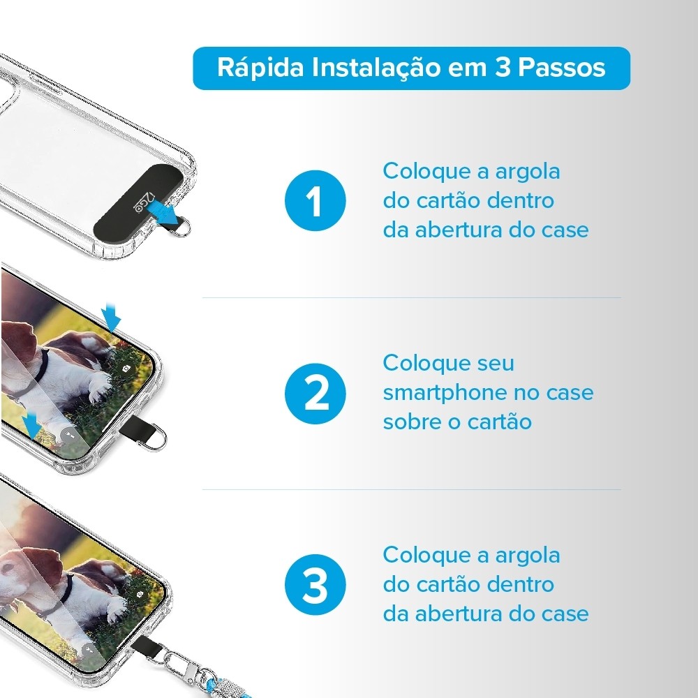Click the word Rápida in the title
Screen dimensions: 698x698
pos(260,68)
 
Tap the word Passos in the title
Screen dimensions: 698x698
pos(561,68)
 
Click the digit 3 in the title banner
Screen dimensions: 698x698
pos(503,68)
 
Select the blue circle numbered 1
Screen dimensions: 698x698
pos(315,201)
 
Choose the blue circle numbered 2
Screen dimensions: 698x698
pos(315,394)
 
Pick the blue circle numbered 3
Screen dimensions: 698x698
pos(315,584)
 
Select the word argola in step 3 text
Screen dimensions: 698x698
pos(528,556)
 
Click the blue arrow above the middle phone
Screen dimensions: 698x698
pos(111,316)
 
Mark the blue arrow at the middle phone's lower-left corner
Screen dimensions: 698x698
pos(32,426)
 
